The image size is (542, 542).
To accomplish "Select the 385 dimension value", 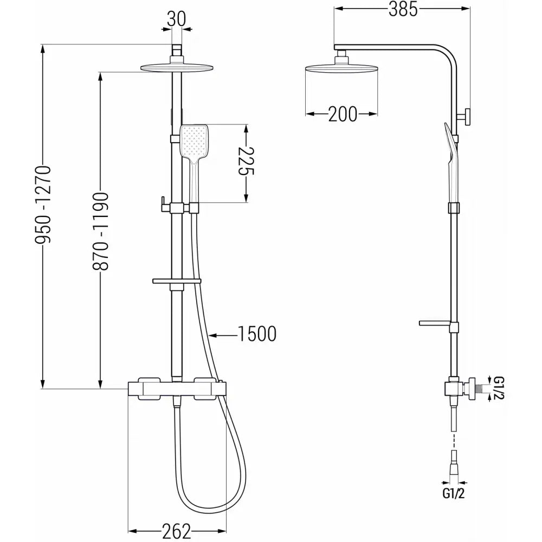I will coord(403,9).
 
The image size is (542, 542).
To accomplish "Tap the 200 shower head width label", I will coord(343,114).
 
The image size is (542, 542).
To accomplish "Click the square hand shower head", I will coord(194,140).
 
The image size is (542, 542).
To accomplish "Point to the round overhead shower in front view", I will coord(177,68).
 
